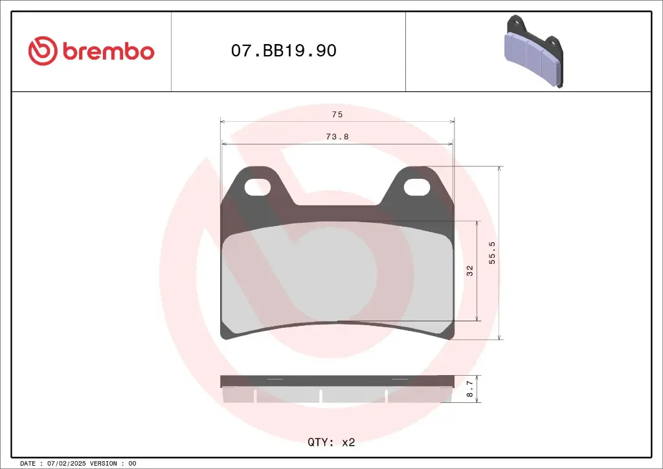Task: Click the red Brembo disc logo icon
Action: (43, 51)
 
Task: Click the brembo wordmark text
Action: (109, 51)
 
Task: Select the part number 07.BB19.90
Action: (284, 51)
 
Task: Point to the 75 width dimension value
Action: (337, 115)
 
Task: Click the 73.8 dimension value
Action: (337, 137)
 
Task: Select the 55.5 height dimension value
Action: (492, 253)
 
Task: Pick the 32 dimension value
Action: (470, 271)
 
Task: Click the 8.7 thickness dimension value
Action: (470, 389)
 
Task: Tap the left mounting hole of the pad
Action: (258, 187)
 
